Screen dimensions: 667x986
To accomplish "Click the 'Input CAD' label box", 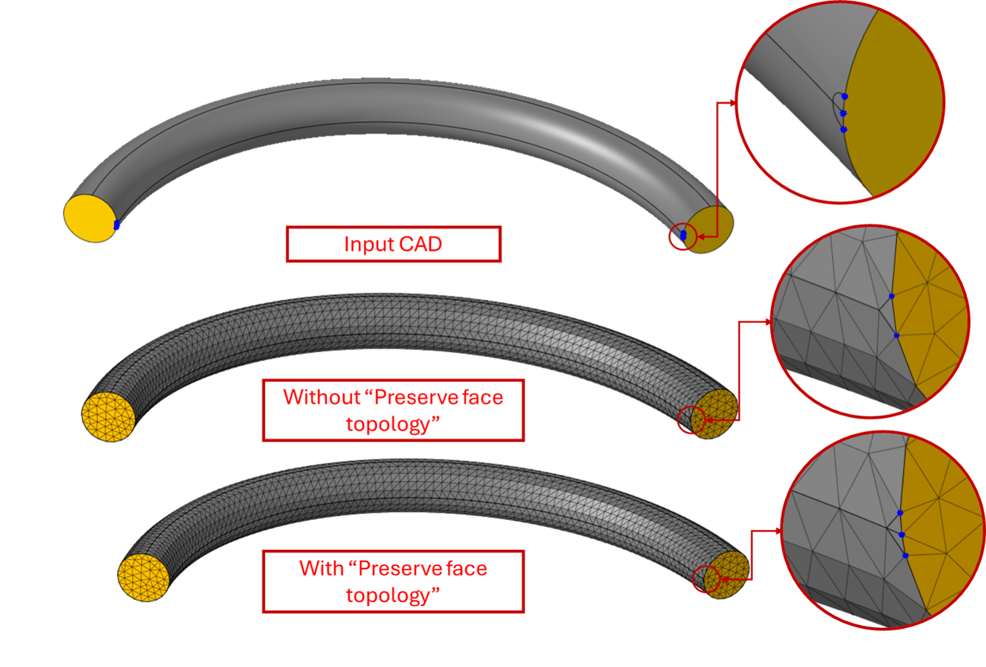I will click(393, 244).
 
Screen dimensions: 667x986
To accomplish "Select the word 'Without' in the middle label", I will click(322, 397).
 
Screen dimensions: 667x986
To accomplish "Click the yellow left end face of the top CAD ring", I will click(88, 218).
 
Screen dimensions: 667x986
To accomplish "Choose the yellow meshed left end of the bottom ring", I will click(143, 577).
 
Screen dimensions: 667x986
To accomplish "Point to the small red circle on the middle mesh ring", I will click(691, 420).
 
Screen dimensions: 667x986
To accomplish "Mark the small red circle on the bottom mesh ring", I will click(707, 579).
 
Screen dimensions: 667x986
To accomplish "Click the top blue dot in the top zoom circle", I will click(844, 97).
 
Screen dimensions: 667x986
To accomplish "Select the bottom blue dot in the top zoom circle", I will click(843, 129).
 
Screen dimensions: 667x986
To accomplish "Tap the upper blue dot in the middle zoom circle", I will click(892, 297).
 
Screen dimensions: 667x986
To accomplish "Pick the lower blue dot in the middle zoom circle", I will click(897, 336).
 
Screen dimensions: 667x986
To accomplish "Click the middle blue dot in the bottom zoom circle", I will click(902, 535).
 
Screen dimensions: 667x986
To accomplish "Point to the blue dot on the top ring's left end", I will click(117, 225).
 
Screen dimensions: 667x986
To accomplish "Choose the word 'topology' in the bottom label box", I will click(388, 595).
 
